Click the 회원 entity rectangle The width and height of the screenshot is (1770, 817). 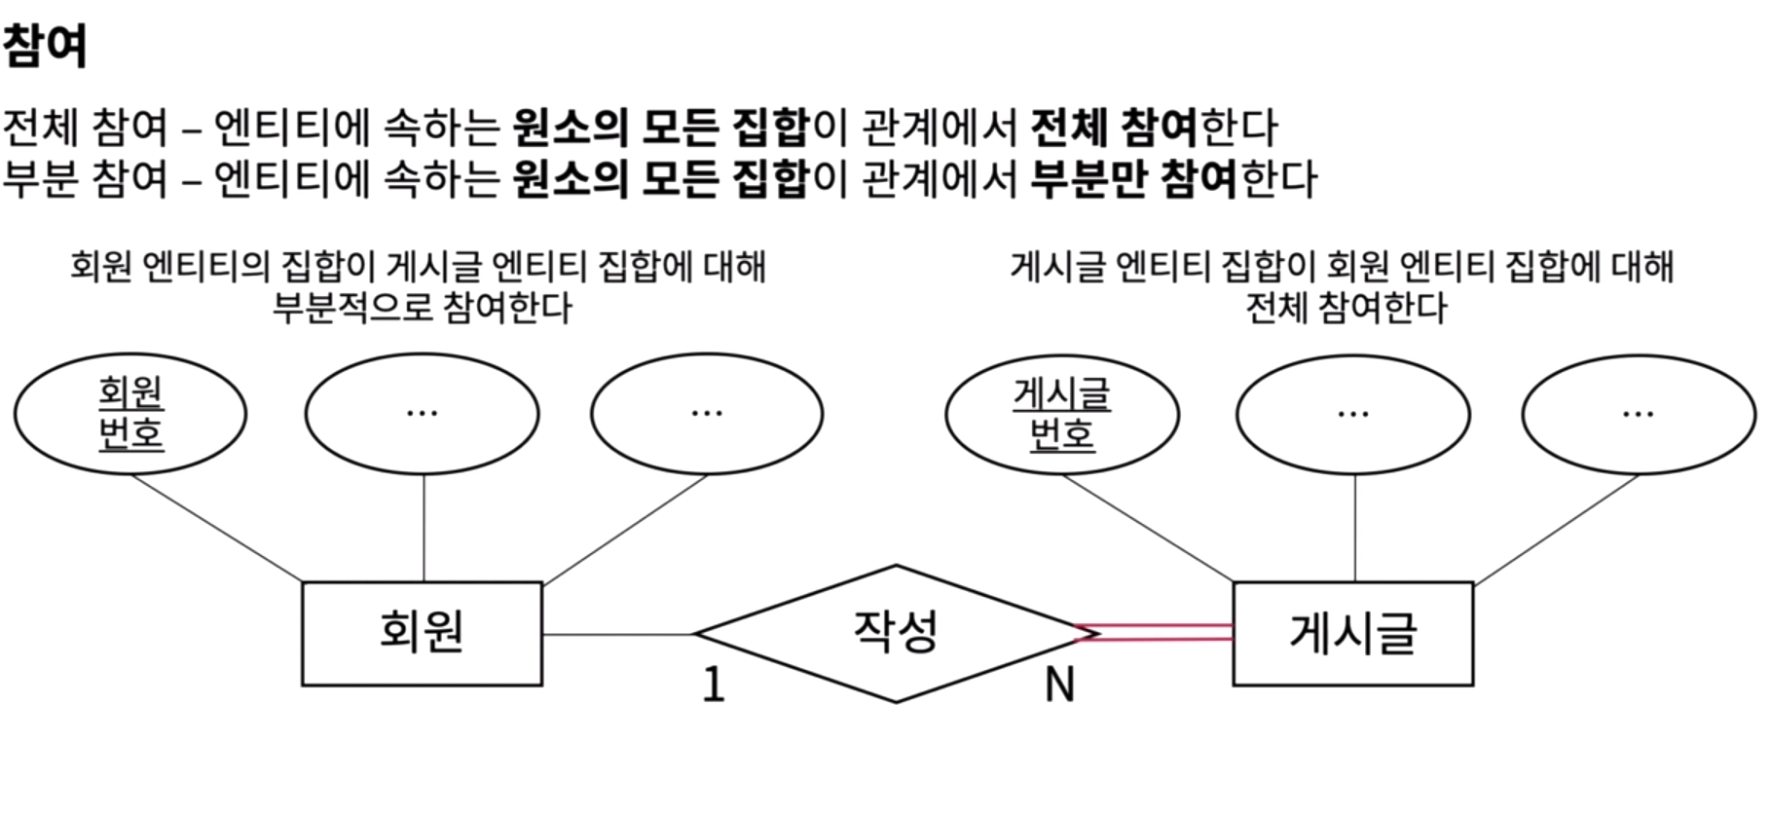(422, 633)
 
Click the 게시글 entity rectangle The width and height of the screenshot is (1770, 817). (1352, 633)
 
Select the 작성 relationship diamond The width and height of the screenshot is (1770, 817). (895, 633)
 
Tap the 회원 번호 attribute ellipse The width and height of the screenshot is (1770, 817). (130, 414)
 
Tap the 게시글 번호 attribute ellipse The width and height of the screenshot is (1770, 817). (1061, 415)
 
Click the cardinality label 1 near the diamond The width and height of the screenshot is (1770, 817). (714, 685)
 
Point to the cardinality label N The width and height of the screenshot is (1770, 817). (1059, 685)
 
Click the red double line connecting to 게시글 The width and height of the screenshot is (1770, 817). (1159, 633)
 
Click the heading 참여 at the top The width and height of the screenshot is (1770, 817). (45, 46)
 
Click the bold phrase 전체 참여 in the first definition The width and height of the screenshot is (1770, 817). (1113, 127)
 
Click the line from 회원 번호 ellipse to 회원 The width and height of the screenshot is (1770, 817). (216, 528)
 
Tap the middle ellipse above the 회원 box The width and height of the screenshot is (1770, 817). (422, 414)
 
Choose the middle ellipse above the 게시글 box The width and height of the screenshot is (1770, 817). (1353, 414)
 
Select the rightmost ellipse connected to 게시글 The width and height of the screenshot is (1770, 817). (1639, 414)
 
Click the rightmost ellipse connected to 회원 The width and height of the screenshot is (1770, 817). (707, 414)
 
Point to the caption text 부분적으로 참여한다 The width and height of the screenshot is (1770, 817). (422, 308)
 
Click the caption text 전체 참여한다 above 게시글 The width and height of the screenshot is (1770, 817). (1346, 308)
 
